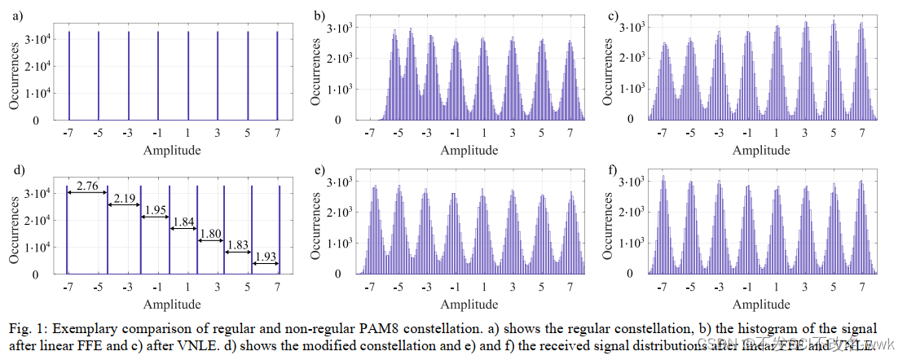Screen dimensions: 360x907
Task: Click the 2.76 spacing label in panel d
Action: pyautogui.click(x=86, y=187)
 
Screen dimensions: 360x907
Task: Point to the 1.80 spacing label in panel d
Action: pyautogui.click(x=211, y=235)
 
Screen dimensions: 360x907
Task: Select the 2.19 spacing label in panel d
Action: pyautogui.click(x=125, y=198)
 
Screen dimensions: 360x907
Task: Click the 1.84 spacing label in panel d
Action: pyautogui.click(x=183, y=222)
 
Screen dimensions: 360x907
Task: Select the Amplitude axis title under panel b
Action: pyautogui.click(x=469, y=150)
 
